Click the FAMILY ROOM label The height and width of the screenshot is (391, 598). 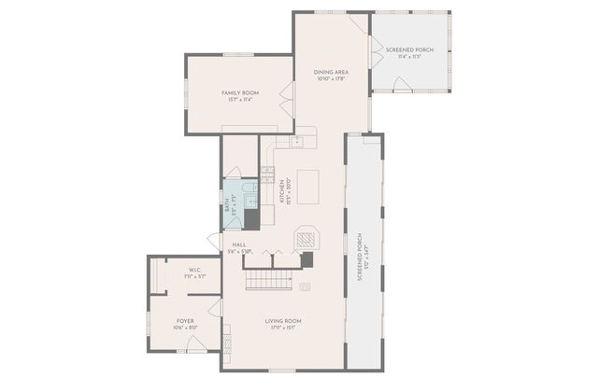pyautogui.click(x=239, y=92)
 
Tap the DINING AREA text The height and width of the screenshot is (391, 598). pyautogui.click(x=332, y=72)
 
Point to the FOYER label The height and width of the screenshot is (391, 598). pyautogui.click(x=185, y=320)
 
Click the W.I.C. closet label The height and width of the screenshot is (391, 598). pyautogui.click(x=183, y=270)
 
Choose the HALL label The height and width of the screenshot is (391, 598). pyautogui.click(x=239, y=244)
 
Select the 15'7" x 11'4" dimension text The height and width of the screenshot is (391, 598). pyautogui.click(x=239, y=100)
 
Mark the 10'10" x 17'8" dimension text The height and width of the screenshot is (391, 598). pyautogui.click(x=332, y=79)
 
